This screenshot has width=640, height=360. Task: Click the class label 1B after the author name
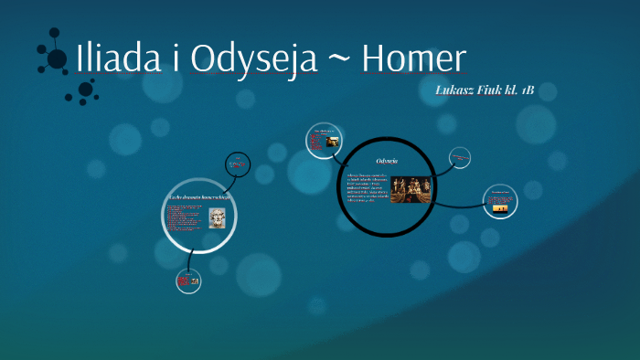(x=524, y=90)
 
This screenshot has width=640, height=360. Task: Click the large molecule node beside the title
(x=57, y=59)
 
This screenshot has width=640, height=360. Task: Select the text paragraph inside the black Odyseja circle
(x=367, y=186)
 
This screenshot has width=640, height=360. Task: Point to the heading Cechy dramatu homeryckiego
(x=199, y=196)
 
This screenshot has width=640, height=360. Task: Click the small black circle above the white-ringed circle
(x=237, y=164)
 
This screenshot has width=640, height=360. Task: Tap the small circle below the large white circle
(x=188, y=281)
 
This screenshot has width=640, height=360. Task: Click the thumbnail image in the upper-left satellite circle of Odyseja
(x=323, y=142)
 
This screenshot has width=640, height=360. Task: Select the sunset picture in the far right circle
(x=501, y=206)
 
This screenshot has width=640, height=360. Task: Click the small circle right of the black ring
(x=459, y=159)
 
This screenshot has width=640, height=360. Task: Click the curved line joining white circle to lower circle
(x=189, y=261)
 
